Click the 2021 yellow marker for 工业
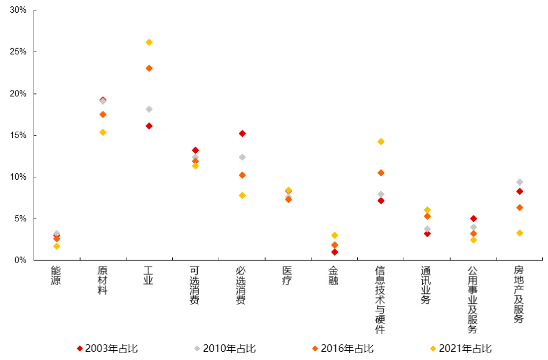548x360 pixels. [x=149, y=42]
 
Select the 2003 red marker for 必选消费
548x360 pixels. [x=242, y=133]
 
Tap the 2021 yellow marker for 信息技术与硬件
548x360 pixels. [x=381, y=141]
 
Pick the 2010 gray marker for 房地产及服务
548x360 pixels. [x=520, y=182]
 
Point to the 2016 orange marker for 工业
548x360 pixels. [x=149, y=68]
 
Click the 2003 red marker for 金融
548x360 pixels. [x=335, y=252]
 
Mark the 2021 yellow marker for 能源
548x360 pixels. [x=56, y=246]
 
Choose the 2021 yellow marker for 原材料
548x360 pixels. [x=103, y=132]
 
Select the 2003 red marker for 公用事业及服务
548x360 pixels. [x=473, y=219]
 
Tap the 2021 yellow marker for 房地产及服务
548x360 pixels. [x=520, y=233]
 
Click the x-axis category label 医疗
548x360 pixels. [x=288, y=276]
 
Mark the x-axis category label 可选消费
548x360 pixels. [x=195, y=285]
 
